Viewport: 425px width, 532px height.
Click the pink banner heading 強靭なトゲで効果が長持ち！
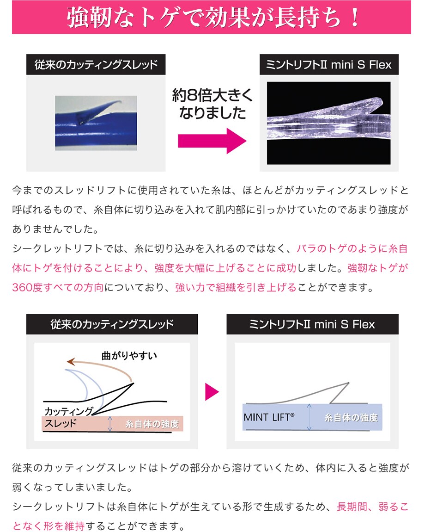tap(212, 17)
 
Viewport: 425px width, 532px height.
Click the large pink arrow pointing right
tap(212, 141)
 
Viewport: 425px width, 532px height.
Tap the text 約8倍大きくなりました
tap(212, 104)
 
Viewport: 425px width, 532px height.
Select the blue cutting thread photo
tap(96, 123)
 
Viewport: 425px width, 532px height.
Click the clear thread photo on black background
tap(329, 123)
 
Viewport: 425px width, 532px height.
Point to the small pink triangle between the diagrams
tap(212, 392)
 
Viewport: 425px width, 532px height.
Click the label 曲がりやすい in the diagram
tap(129, 356)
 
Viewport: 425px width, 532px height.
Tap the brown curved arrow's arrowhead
tap(71, 362)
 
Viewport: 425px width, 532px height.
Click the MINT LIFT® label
tap(269, 417)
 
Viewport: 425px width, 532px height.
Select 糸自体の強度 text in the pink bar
tap(152, 424)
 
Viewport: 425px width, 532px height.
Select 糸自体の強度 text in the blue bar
tap(351, 418)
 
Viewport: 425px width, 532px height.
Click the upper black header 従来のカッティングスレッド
tap(96, 64)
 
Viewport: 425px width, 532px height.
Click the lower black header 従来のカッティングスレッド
tap(112, 324)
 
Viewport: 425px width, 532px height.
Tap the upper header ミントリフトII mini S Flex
tap(329, 64)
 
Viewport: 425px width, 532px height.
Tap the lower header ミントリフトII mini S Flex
tap(312, 324)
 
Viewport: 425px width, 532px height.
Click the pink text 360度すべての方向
tap(58, 287)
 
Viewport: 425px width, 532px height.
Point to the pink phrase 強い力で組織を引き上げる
tap(236, 287)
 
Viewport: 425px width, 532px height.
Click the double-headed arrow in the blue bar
tap(309, 417)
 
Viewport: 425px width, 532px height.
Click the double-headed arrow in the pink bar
tap(110, 424)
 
